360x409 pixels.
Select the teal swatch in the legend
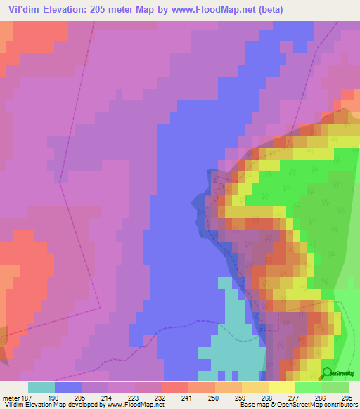[x=41, y=387]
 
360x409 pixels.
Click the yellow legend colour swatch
[x=282, y=387]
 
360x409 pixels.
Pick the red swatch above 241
[x=175, y=387]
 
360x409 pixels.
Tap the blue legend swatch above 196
[x=68, y=387]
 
